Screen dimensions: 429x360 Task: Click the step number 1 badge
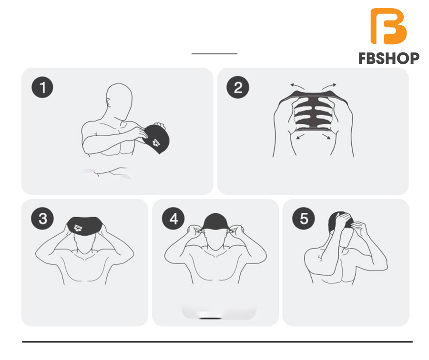(x=42, y=88)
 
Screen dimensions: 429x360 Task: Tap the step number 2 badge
(x=238, y=87)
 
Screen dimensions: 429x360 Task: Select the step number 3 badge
(x=42, y=219)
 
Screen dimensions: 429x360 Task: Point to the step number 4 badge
(x=173, y=219)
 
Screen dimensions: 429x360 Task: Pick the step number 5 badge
(x=304, y=219)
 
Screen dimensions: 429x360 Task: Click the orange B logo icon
(x=388, y=26)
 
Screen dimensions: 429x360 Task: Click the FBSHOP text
(x=389, y=59)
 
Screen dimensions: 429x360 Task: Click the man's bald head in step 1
(x=119, y=100)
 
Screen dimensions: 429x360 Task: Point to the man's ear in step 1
(x=109, y=103)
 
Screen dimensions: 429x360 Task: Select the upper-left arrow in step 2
(x=297, y=86)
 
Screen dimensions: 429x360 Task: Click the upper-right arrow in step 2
(x=329, y=86)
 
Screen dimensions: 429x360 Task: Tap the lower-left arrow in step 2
(x=301, y=136)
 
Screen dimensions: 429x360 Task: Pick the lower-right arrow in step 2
(x=327, y=136)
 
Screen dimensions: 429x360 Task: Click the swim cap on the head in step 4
(x=215, y=221)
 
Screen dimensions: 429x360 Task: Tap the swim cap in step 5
(x=340, y=221)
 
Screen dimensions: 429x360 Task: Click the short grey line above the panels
(x=214, y=54)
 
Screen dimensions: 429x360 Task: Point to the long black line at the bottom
(x=217, y=342)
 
